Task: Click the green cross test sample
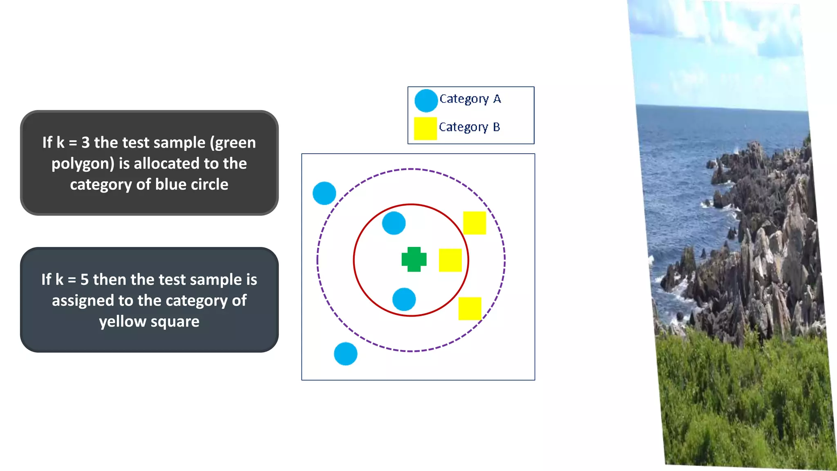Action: (414, 259)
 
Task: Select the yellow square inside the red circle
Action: (450, 260)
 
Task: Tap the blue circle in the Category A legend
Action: (426, 101)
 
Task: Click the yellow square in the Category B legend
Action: (425, 128)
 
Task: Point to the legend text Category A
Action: (470, 99)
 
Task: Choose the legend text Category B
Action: (469, 127)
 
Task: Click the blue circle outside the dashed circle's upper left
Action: (324, 193)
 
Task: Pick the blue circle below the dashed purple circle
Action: (345, 354)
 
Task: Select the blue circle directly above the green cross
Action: (394, 223)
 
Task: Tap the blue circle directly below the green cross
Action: (404, 299)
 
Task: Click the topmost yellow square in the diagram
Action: (474, 223)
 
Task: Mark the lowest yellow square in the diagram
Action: (470, 308)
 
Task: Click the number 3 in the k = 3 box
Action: (85, 143)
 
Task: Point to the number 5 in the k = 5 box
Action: (85, 280)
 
